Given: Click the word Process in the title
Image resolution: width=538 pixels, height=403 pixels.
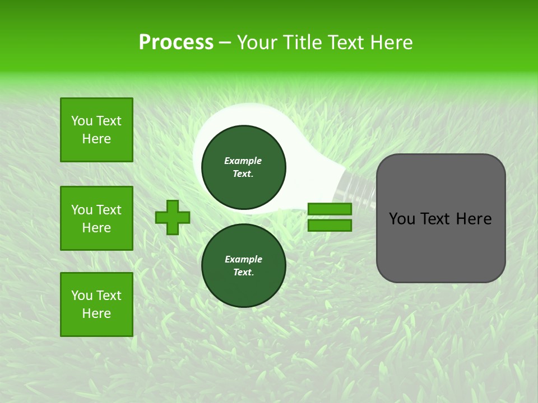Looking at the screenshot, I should click(x=176, y=43).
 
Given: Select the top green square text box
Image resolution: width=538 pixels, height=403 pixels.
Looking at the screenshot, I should click(x=96, y=130).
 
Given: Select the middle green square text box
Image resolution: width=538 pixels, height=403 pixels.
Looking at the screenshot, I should click(x=96, y=218).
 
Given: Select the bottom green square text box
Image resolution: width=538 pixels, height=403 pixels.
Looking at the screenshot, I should click(x=96, y=304).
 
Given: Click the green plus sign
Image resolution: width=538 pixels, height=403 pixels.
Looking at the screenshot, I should click(x=173, y=217).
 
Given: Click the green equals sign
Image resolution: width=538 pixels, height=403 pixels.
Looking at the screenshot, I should click(x=330, y=217).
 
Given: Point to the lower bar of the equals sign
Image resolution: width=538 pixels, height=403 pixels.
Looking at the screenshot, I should click(x=330, y=225).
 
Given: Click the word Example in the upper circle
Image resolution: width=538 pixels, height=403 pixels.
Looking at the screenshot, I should click(x=243, y=161).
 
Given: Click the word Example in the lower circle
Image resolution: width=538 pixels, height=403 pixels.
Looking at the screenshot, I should click(x=243, y=259).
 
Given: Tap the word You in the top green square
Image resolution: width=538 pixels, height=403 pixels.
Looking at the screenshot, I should click(x=82, y=121).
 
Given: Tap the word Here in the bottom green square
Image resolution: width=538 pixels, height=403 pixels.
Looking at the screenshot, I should click(x=96, y=313).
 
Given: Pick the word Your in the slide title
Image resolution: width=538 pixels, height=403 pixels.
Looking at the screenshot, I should click(x=257, y=43).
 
